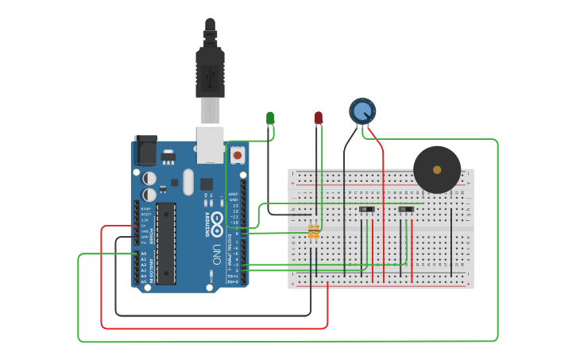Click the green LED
coord(270,118)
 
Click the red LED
coord(319,118)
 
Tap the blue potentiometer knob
coord(362,111)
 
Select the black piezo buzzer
coord(437,169)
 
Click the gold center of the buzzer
coord(437,169)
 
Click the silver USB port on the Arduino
coord(211,144)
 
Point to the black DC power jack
coord(145,151)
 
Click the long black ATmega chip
coord(166,243)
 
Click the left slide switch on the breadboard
coord(366,210)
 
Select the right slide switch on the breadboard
coord(406,210)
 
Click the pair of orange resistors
coord(314,231)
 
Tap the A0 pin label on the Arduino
coord(144,254)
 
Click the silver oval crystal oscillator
coord(188,181)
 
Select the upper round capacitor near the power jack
coord(149,179)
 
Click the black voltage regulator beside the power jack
coord(168,157)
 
